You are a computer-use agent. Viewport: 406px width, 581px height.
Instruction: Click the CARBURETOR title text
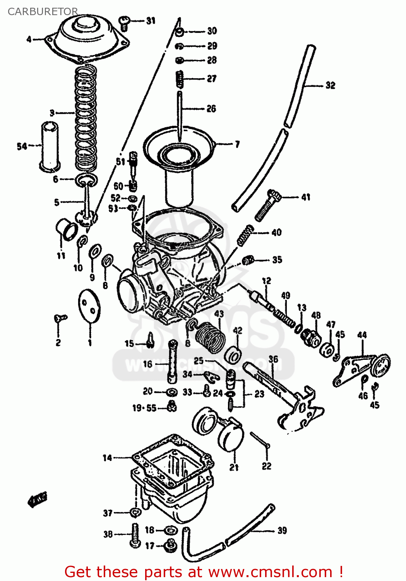43,11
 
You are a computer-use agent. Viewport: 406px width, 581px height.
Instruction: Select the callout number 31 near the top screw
151,21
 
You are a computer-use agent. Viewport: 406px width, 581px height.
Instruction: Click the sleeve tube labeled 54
50,145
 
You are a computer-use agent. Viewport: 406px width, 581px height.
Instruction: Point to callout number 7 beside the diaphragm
237,144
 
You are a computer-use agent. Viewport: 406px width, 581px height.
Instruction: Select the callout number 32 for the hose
330,85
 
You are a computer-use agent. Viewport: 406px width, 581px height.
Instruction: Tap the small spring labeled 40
245,235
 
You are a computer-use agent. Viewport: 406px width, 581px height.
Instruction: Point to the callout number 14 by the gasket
107,458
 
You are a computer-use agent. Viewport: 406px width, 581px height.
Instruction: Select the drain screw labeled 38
135,535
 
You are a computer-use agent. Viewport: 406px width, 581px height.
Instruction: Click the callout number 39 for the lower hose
282,530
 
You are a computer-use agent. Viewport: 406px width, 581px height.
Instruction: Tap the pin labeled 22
260,440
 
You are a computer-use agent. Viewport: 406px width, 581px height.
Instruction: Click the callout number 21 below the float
234,468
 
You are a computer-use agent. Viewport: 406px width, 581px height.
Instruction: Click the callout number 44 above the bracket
362,335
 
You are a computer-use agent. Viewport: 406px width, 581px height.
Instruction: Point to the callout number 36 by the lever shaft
273,359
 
